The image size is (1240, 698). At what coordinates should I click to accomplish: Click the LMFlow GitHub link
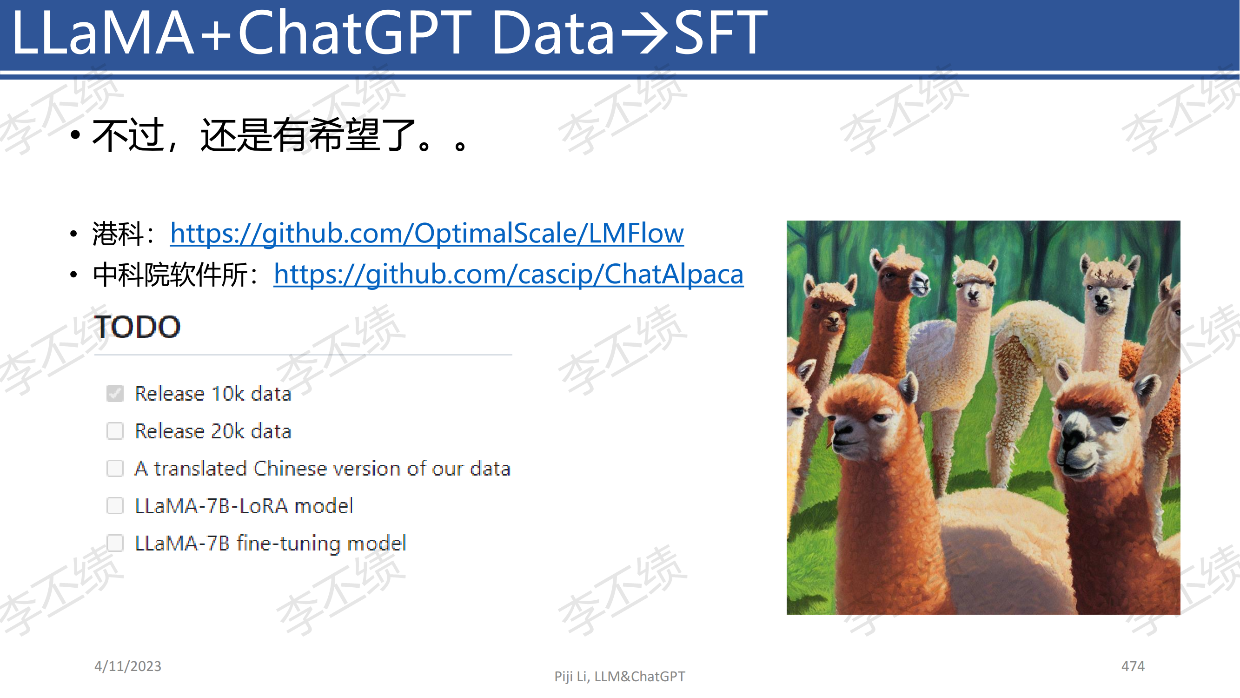(426, 234)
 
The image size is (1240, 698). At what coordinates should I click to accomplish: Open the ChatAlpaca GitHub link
(508, 275)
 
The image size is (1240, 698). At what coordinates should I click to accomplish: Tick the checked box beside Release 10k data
(115, 394)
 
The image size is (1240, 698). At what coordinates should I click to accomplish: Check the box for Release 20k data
(115, 430)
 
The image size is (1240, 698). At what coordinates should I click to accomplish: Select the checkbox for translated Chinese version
(115, 468)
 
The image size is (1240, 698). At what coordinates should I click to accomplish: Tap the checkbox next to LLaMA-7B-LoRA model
(115, 506)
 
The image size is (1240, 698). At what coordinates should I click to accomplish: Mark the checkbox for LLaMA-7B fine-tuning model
(115, 543)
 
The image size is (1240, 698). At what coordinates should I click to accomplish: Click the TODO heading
(137, 327)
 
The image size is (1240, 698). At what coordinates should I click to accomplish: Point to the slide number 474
(1133, 666)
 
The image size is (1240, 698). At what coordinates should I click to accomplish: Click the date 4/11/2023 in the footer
(127, 666)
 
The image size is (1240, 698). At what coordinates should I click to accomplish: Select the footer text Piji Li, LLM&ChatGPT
(619, 677)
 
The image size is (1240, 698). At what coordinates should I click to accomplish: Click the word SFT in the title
(720, 33)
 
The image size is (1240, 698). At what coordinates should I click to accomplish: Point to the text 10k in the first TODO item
(228, 394)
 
